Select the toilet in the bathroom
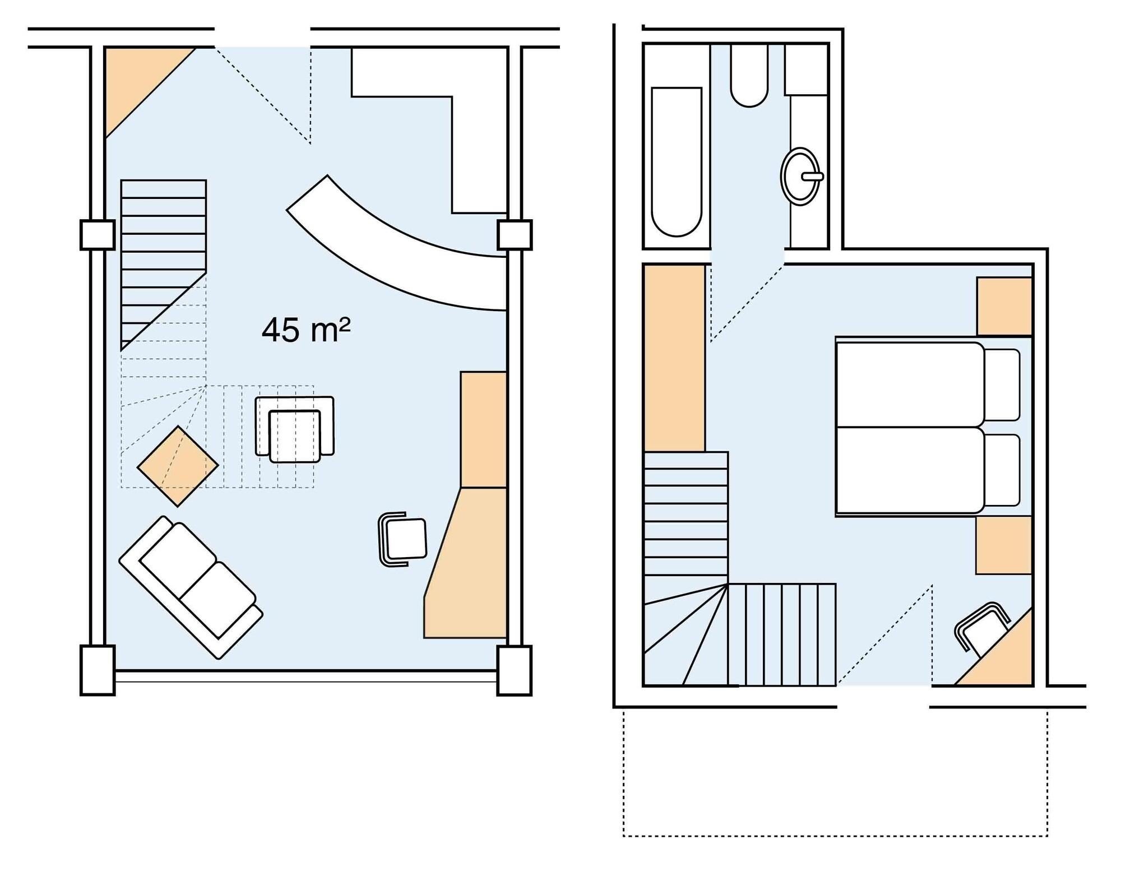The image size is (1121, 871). [x=749, y=76]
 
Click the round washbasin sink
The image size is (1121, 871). [x=800, y=176]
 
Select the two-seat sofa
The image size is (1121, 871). [x=191, y=587]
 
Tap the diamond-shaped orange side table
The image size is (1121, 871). [x=178, y=466]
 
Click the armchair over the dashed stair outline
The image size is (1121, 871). [x=295, y=429]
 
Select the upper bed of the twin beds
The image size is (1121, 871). [x=909, y=384]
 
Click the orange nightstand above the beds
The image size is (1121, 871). [x=1004, y=306]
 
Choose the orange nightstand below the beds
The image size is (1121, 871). [x=1003, y=545]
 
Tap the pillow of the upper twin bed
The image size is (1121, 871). [x=1002, y=384]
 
